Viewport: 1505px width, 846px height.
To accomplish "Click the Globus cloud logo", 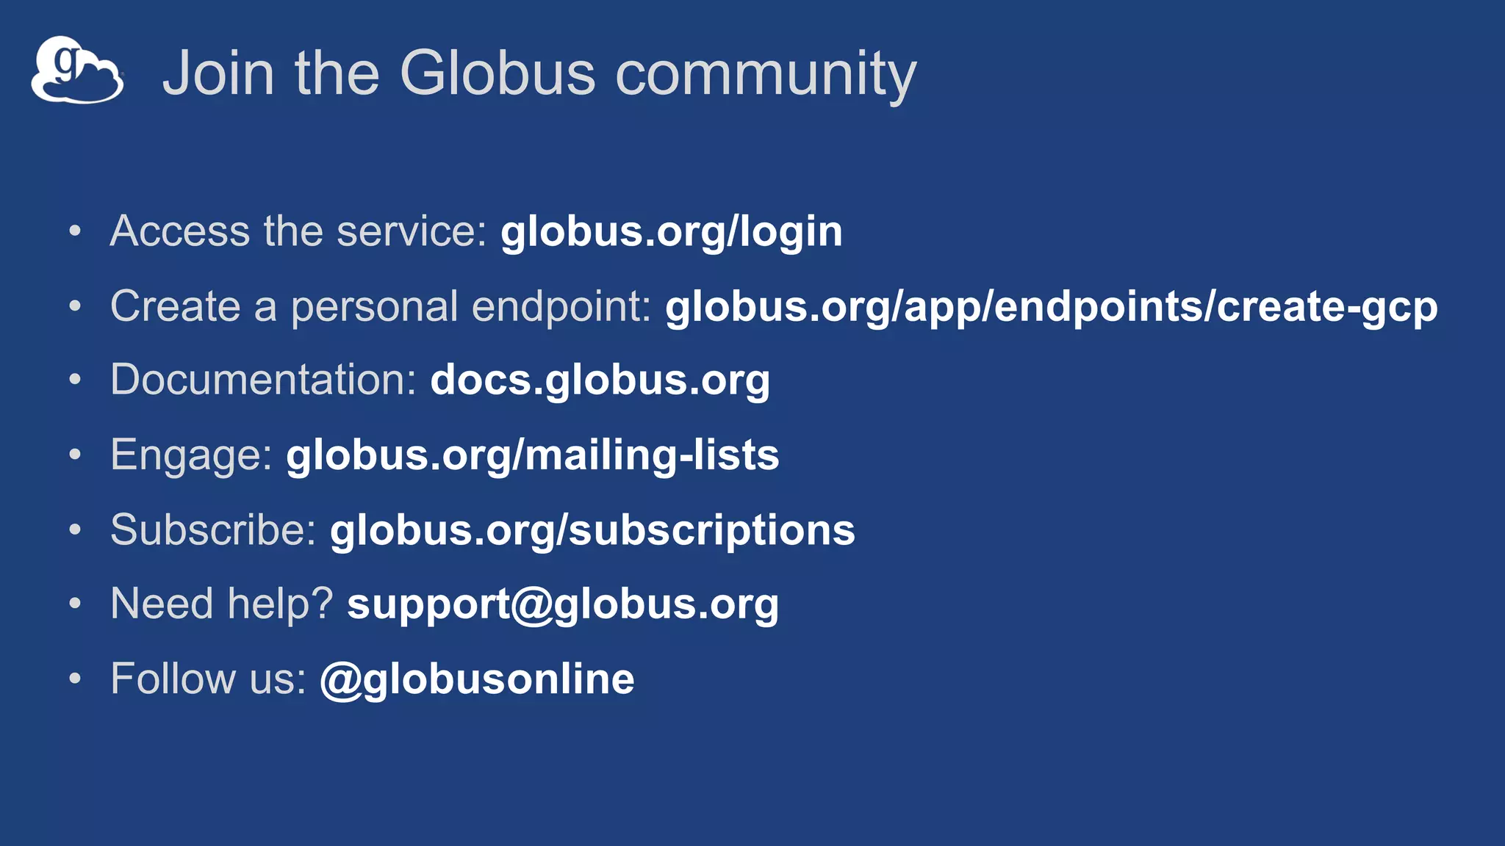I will click(77, 70).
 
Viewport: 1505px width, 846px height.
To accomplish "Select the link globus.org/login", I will click(671, 232).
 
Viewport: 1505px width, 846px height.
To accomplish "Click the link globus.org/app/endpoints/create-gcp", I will click(1051, 307).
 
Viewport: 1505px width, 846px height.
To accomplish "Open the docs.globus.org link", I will click(600, 380).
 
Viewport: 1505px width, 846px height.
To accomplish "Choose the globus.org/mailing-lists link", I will click(532, 455).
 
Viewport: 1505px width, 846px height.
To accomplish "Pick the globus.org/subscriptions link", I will click(592, 530).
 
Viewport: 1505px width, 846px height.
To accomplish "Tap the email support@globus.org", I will click(562, 604).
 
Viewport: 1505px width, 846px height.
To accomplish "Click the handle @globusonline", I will click(477, 679).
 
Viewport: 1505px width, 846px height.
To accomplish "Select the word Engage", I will click(191, 455).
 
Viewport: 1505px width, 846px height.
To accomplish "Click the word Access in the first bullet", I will click(180, 231).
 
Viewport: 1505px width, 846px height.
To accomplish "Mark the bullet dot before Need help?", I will click(75, 604).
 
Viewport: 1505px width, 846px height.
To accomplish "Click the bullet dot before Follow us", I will click(75, 679).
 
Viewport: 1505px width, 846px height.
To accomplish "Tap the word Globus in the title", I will click(497, 73).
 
